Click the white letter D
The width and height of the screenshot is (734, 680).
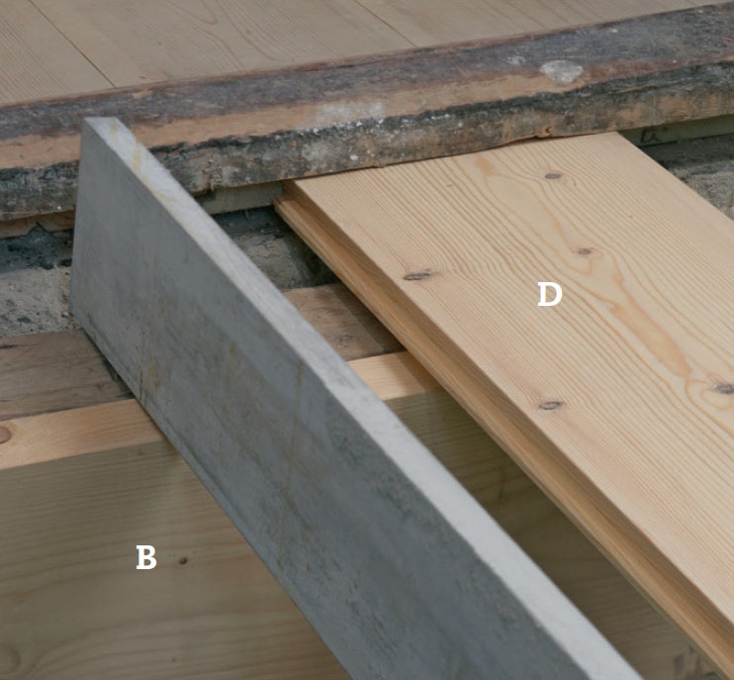[550, 295]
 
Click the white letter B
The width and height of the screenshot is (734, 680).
[146, 557]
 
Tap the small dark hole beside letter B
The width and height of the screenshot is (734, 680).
[183, 560]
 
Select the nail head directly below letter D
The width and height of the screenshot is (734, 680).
[551, 405]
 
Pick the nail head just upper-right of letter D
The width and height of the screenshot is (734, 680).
[585, 251]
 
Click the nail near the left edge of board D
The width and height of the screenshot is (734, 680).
[417, 276]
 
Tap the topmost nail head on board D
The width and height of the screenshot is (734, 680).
[553, 176]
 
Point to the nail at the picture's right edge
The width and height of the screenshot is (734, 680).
[725, 388]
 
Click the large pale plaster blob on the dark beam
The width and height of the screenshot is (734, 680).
[561, 71]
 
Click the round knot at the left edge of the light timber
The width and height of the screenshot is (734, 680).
[4, 435]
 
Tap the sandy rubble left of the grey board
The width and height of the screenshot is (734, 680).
[33, 300]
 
